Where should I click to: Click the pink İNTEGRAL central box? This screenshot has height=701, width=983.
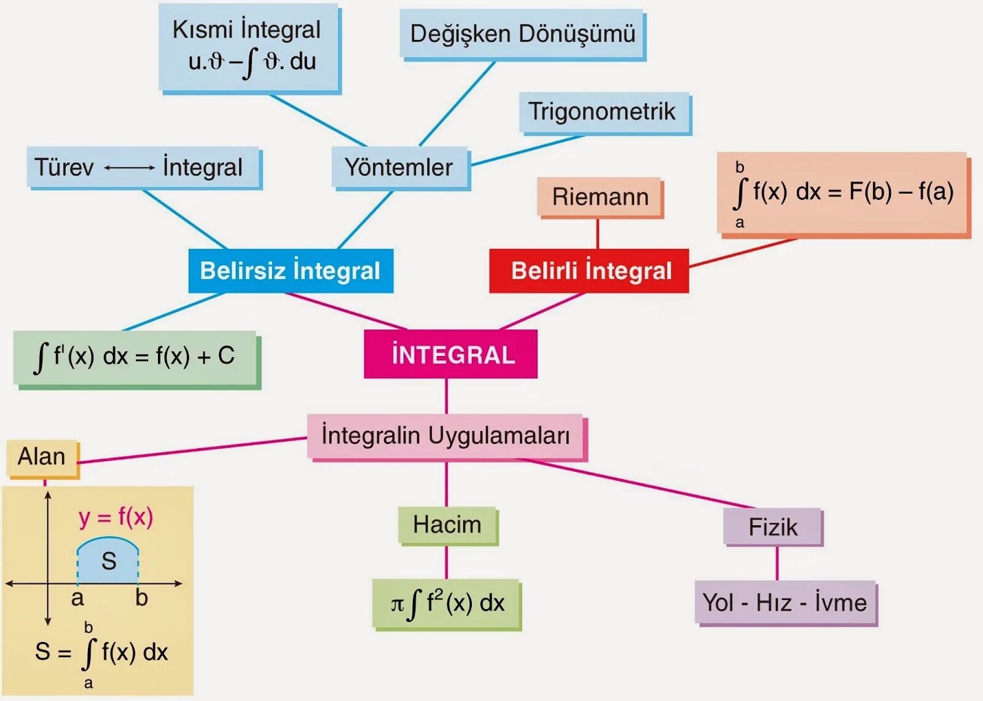point(450,354)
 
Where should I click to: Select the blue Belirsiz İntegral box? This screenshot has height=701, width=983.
point(291,271)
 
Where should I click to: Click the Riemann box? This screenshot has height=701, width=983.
point(600,197)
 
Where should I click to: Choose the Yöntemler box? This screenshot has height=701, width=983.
point(399,167)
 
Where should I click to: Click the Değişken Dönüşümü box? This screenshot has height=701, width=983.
point(522,34)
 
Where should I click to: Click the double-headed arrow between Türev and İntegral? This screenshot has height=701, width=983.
point(129,167)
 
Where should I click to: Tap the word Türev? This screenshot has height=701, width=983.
point(64,167)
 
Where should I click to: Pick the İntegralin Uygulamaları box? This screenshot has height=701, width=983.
point(445,436)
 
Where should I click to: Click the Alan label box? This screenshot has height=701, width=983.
point(42,457)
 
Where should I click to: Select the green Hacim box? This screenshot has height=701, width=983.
point(447,525)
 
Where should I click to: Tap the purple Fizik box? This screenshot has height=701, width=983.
point(772,527)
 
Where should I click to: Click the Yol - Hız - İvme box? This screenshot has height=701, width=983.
point(785,602)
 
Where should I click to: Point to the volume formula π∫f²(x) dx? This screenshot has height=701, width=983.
point(447,603)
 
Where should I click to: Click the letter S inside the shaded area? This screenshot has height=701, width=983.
point(109,561)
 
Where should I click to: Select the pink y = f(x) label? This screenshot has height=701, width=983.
point(116,517)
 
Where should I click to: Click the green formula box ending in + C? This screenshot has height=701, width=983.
point(135,357)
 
